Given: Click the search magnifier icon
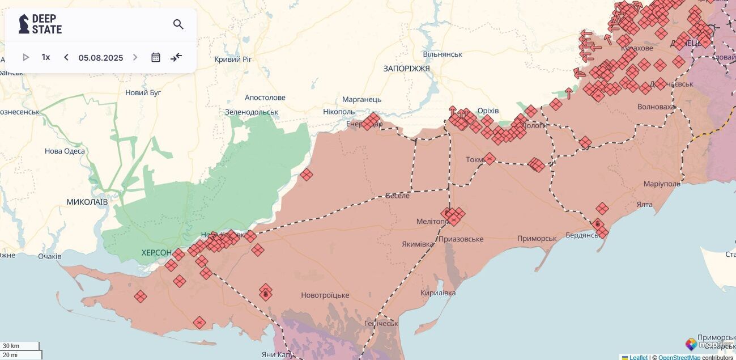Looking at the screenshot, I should [178, 24].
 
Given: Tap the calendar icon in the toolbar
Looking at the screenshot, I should [156, 57].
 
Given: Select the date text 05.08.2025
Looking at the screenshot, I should [101, 58].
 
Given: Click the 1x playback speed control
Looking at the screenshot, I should [46, 57].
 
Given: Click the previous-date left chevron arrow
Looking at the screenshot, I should [66, 57].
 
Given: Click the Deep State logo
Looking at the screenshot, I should [40, 24].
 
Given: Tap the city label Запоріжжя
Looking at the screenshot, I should [406, 69].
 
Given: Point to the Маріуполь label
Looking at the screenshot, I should [662, 184].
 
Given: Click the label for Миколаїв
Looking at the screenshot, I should [87, 202].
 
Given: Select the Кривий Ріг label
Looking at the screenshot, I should [233, 60].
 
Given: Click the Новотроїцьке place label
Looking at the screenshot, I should [325, 295].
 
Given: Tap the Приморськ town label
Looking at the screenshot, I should [537, 239].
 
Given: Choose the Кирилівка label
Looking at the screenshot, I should [438, 293].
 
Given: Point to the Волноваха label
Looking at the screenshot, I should [656, 107].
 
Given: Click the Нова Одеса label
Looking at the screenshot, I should [65, 151].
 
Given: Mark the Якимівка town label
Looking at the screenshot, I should [418, 244].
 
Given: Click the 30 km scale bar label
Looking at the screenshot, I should [11, 346].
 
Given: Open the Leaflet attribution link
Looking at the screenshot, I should [639, 357].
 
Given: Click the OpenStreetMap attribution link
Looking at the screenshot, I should [679, 357].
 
